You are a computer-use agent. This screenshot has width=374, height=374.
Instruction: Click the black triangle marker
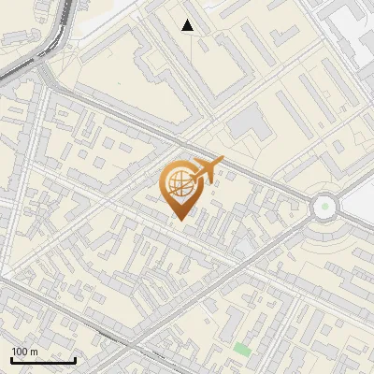(188, 25)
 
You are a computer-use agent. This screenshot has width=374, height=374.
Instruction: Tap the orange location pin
(180, 188)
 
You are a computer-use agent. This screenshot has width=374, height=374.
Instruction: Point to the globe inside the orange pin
(179, 183)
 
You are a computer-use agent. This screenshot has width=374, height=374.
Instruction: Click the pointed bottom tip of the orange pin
(179, 220)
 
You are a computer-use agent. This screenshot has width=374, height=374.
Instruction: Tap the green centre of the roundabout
(324, 206)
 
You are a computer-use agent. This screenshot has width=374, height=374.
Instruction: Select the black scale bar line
(43, 360)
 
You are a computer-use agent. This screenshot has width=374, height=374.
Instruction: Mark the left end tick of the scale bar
(11, 358)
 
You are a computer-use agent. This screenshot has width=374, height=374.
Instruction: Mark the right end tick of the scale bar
(75, 358)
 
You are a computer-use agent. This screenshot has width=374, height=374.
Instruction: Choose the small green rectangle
(242, 349)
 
